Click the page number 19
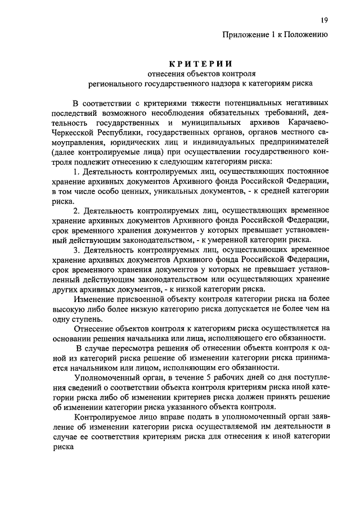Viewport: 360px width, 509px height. coord(324,21)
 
